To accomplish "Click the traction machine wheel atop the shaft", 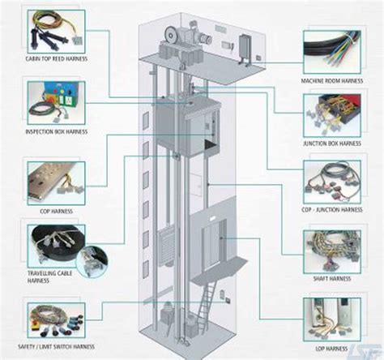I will pyautogui.click(x=173, y=33).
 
